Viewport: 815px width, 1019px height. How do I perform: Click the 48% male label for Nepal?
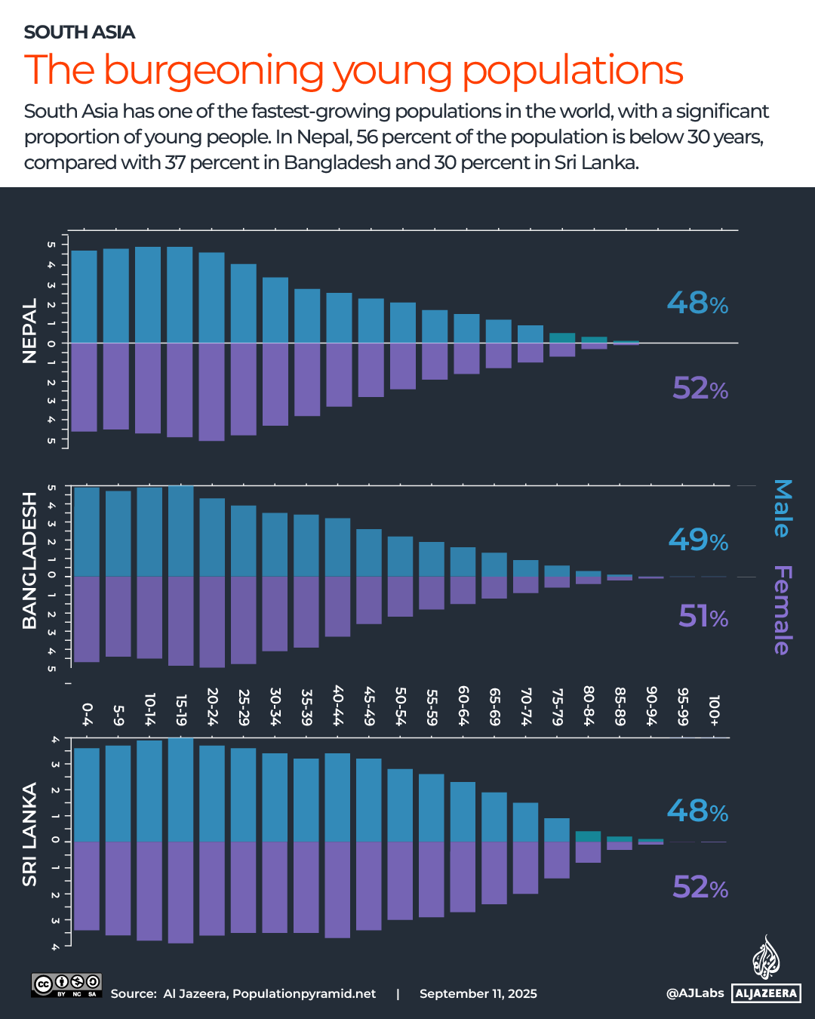(697, 303)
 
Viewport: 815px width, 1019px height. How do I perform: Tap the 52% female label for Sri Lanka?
(700, 887)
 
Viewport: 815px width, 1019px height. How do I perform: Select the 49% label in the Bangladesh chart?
(698, 540)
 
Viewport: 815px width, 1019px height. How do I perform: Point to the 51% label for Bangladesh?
(703, 617)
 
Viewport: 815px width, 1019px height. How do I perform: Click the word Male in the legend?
(783, 508)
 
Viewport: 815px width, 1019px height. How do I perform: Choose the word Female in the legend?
(783, 610)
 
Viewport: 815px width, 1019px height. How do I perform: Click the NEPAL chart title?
(29, 331)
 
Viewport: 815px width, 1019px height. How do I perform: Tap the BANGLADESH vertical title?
(29, 560)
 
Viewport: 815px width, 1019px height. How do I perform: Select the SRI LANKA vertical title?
(29, 834)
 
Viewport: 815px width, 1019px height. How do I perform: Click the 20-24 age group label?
(212, 707)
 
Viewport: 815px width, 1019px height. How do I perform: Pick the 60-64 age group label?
(463, 707)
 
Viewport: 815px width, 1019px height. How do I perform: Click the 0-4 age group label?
(87, 711)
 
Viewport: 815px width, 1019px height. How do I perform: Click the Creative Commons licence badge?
(66, 985)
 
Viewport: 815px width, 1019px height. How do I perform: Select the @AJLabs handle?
(694, 993)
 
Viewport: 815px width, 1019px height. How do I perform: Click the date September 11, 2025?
(478, 993)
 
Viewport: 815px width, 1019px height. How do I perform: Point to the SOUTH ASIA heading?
(79, 32)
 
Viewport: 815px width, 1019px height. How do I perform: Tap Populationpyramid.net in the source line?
(304, 993)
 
